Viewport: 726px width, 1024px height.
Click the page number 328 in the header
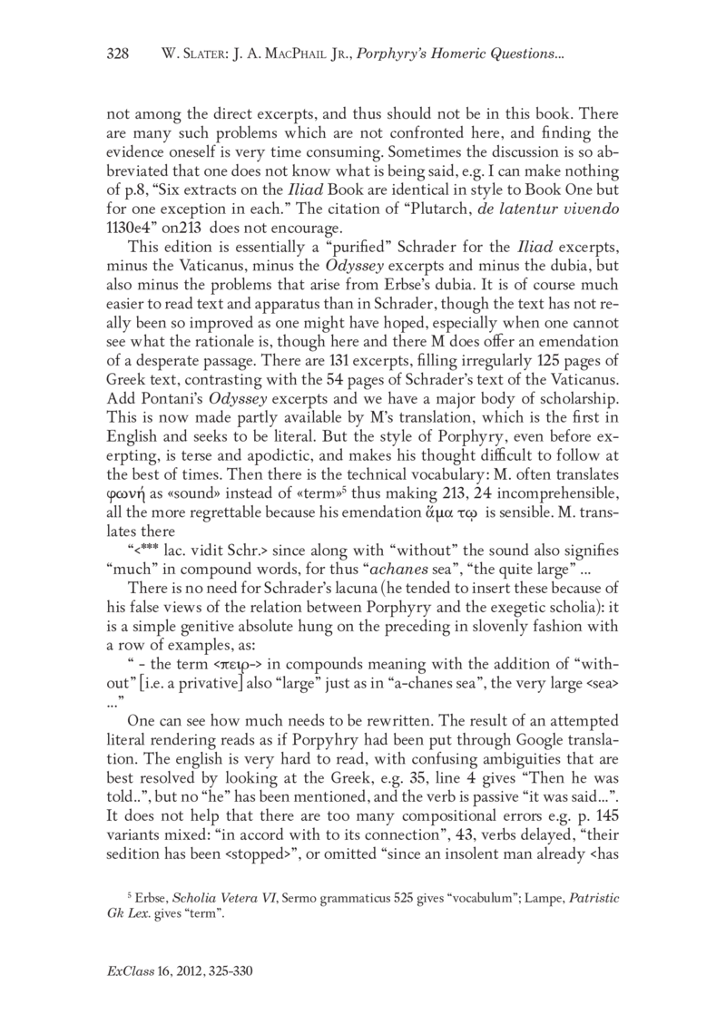(119, 55)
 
